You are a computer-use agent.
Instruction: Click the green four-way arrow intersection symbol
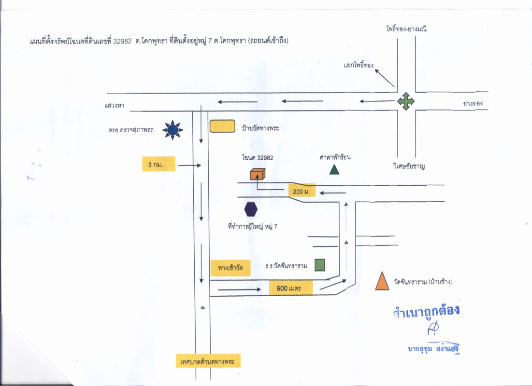pos(406,101)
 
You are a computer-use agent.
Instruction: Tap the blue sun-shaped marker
pos(173,129)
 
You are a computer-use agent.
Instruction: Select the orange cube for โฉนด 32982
pos(258,174)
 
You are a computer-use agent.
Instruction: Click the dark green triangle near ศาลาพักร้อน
pos(334,169)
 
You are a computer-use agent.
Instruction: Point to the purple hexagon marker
pos(251,209)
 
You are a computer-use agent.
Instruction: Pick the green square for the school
pos(319,265)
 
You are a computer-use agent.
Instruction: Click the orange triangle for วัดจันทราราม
pos(382,281)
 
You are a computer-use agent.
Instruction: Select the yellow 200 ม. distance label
pos(302,191)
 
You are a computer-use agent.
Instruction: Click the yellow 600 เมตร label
pos(290,289)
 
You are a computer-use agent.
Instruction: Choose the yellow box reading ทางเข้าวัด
pos(230,267)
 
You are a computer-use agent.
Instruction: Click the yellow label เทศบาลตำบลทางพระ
pos(208,361)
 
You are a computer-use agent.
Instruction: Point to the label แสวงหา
pos(115,105)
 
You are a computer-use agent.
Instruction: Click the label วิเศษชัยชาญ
pos(412,166)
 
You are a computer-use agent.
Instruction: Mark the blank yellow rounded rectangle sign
pos(223,126)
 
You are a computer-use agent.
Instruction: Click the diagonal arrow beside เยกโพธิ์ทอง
pos(385,78)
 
